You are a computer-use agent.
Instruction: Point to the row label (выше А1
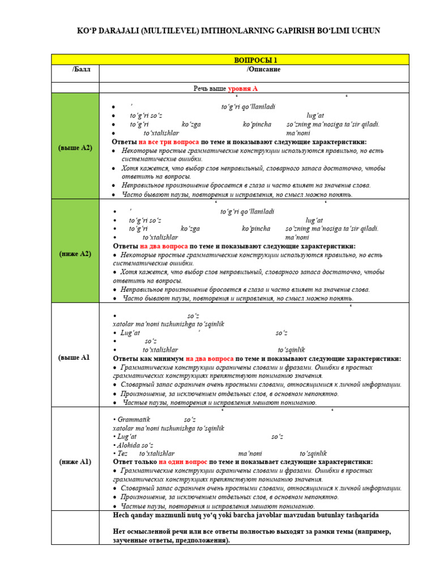coord(75,357)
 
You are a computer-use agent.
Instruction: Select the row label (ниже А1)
coord(75,462)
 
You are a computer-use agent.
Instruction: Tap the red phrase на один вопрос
coord(183,462)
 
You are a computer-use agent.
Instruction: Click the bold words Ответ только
coord(135,462)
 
